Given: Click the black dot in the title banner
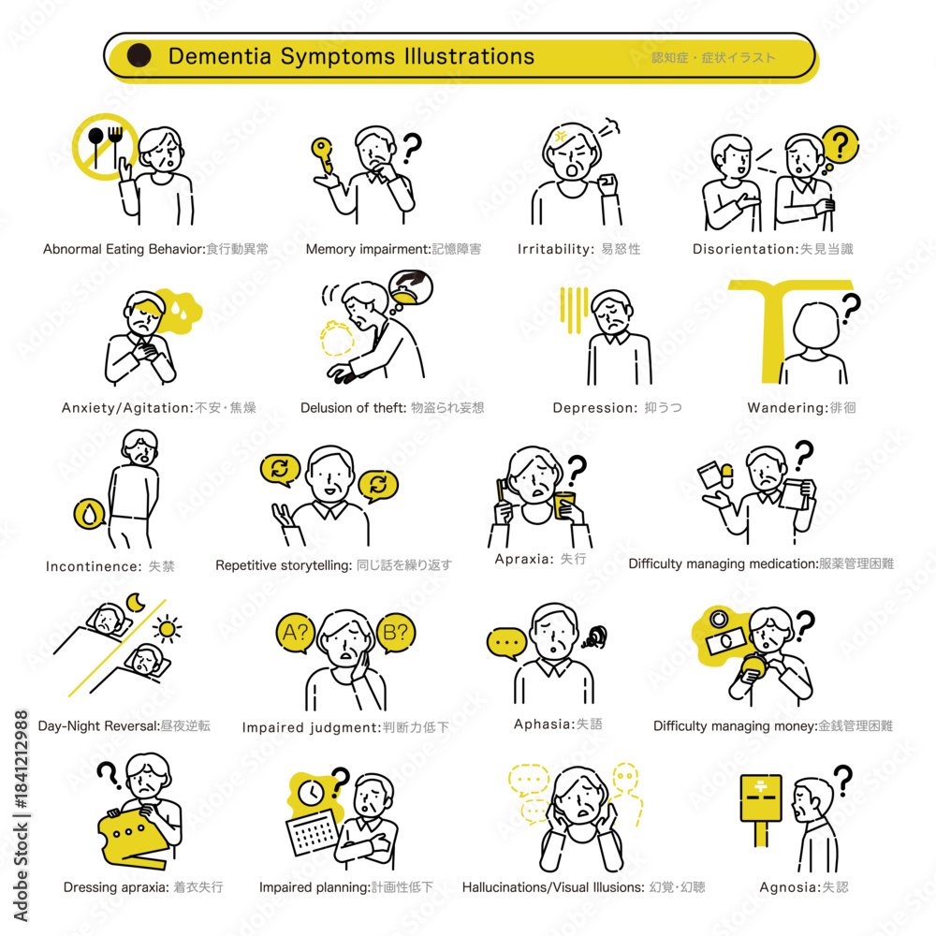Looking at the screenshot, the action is pyautogui.click(x=139, y=55).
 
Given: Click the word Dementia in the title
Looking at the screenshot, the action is pyautogui.click(x=220, y=56).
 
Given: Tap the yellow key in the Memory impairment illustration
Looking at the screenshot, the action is pyautogui.click(x=323, y=154).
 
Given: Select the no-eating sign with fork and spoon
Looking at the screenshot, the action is pyautogui.click(x=105, y=146).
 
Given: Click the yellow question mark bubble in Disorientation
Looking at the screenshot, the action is pyautogui.click(x=840, y=144).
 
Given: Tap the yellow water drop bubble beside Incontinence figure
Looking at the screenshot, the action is pyautogui.click(x=89, y=514).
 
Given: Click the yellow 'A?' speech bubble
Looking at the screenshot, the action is pyautogui.click(x=296, y=633).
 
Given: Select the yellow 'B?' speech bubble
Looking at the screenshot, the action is pyautogui.click(x=396, y=633).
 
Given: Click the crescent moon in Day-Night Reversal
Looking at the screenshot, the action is pyautogui.click(x=135, y=603).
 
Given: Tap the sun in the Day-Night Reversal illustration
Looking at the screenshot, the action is pyautogui.click(x=168, y=629).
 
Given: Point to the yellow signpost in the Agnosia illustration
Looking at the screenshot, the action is pyautogui.click(x=760, y=810).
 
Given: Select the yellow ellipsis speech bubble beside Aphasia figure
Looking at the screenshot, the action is pyautogui.click(x=506, y=643).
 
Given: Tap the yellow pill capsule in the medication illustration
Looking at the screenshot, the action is pyautogui.click(x=727, y=475).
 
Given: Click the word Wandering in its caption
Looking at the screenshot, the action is pyautogui.click(x=787, y=408).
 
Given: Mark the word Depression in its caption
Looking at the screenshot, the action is pyautogui.click(x=594, y=408).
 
